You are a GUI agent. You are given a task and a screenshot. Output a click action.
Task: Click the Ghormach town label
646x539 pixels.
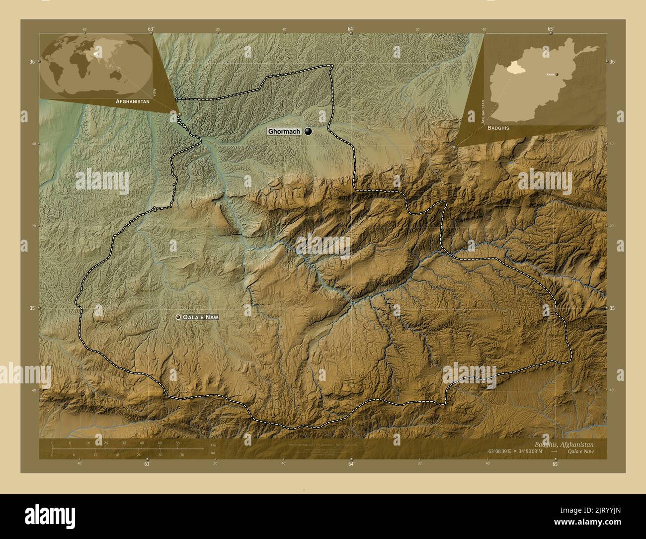click(x=284, y=132)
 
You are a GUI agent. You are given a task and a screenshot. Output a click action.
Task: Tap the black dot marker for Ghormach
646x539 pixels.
click(x=309, y=131)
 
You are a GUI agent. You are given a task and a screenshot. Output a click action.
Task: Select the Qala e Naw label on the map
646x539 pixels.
click(x=201, y=317)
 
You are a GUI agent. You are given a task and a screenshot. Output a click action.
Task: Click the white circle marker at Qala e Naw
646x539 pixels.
click(x=178, y=317)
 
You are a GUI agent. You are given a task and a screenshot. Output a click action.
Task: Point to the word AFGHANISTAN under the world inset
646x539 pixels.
click(x=132, y=101)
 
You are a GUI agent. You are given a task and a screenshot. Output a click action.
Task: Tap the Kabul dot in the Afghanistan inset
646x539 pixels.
click(x=557, y=74)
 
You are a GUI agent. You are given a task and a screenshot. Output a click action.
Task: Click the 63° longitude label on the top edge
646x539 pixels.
click(x=151, y=29)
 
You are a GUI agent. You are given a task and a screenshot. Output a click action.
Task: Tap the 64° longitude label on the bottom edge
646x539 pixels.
click(x=351, y=464)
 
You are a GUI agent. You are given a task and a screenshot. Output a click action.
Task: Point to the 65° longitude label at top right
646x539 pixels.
click(x=551, y=29)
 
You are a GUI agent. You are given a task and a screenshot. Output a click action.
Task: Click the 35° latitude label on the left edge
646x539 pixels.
click(x=32, y=308)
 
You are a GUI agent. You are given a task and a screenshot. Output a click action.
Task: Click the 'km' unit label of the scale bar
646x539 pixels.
click(x=213, y=445)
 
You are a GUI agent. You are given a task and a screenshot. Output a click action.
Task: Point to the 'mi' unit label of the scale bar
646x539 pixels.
click(x=213, y=453)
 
